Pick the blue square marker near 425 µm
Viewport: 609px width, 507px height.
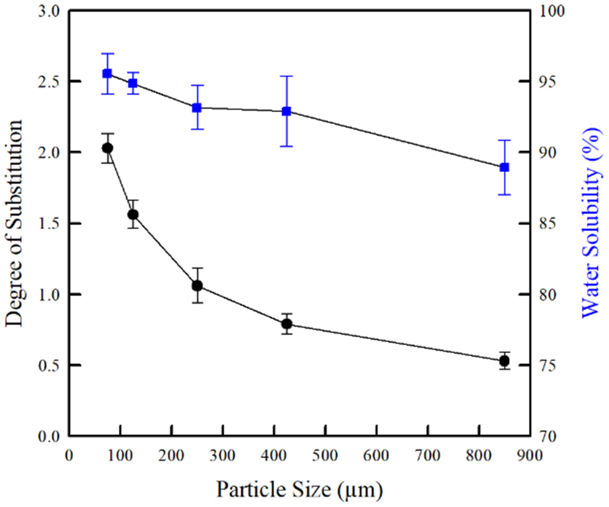286,111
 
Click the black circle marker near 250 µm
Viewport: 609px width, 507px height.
197,286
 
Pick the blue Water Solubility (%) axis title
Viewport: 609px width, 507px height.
590,223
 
